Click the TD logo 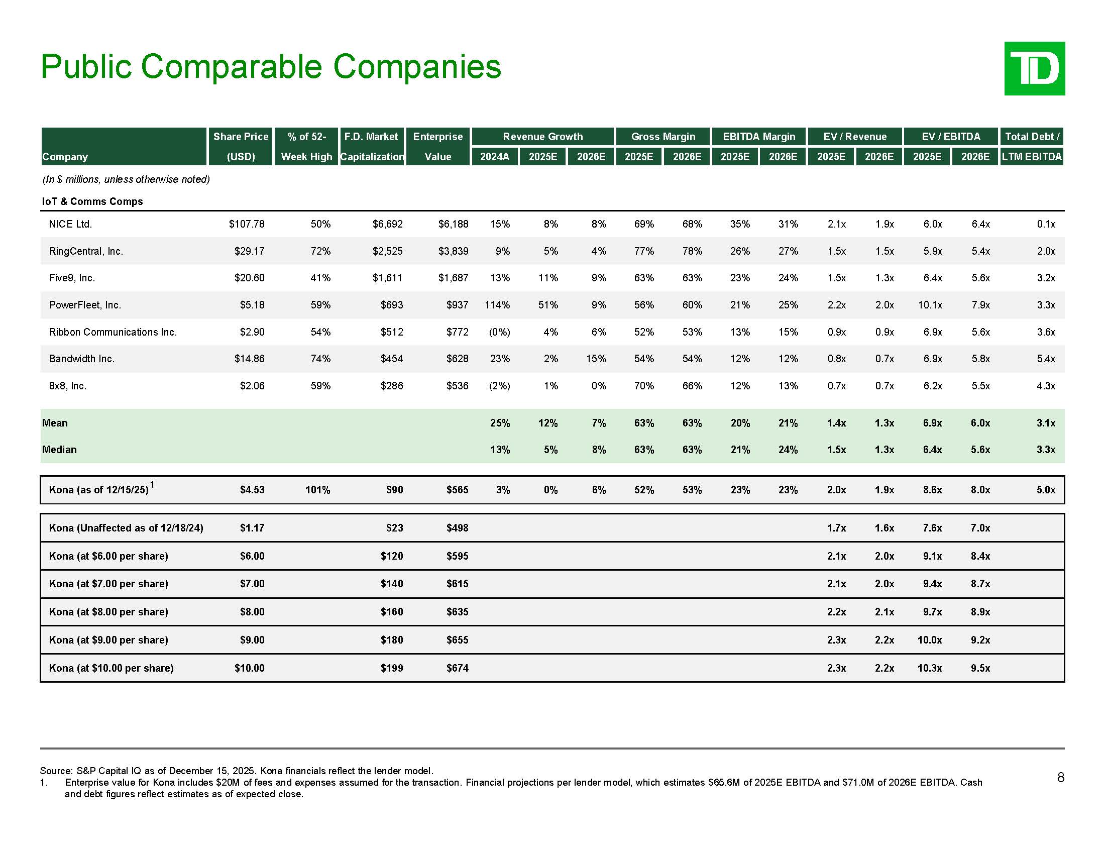pyautogui.click(x=1034, y=69)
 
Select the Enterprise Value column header pyautogui.click(x=437, y=146)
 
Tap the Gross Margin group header pyautogui.click(x=663, y=137)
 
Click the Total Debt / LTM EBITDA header pyautogui.click(x=1032, y=146)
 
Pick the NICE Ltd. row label pyautogui.click(x=70, y=224)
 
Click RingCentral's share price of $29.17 pyautogui.click(x=249, y=251)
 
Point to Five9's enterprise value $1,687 pyautogui.click(x=453, y=278)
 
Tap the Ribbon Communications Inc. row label pyautogui.click(x=113, y=332)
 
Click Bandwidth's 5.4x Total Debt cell pyautogui.click(x=1045, y=359)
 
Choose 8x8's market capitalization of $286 pyautogui.click(x=392, y=386)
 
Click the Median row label pyautogui.click(x=59, y=450)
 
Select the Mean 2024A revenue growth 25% pyautogui.click(x=499, y=423)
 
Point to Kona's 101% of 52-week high pyautogui.click(x=317, y=490)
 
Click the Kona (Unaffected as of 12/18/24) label pyautogui.click(x=126, y=528)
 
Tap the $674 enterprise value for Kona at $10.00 pyautogui.click(x=457, y=668)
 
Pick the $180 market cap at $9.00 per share pyautogui.click(x=392, y=640)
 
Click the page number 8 pyautogui.click(x=1060, y=778)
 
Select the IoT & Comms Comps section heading pyautogui.click(x=92, y=201)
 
